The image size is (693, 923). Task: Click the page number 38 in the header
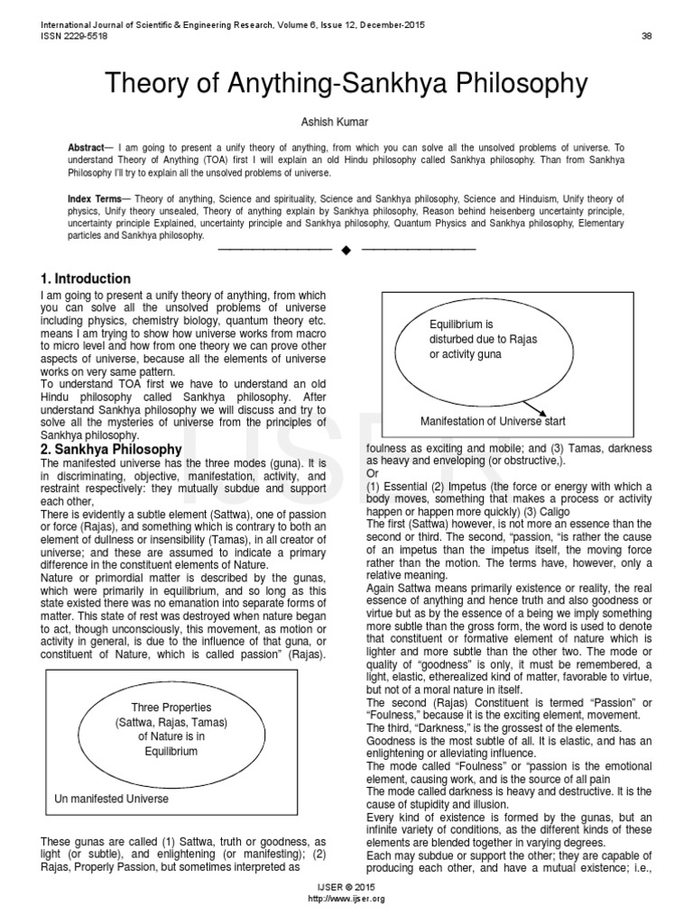point(646,36)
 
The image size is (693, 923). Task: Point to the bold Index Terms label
point(98,197)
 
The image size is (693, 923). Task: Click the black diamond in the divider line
point(346,248)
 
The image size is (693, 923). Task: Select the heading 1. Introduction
point(86,279)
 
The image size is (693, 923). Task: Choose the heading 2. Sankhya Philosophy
point(111,448)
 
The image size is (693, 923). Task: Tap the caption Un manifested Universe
point(111,799)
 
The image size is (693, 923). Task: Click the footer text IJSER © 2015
point(346,888)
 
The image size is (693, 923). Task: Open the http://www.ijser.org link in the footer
point(346,900)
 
